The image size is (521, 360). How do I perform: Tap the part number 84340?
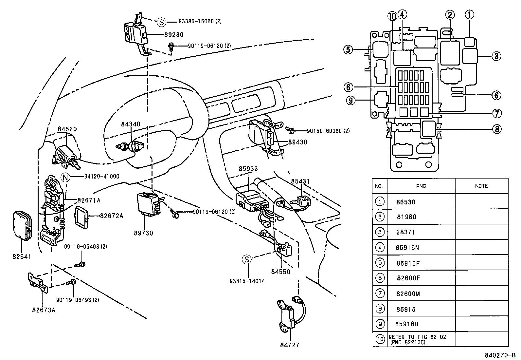131,124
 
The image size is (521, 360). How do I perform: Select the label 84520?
67,129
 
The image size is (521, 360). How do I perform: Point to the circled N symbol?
66,177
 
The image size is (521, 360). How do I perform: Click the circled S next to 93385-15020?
161,22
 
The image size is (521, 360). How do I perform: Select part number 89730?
143,233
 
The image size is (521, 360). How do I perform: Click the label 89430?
297,142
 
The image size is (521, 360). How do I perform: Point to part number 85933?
248,169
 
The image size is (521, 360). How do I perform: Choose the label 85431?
300,181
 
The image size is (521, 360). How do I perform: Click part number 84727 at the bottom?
290,345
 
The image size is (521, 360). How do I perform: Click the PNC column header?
421,186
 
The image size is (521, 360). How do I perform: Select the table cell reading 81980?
406,217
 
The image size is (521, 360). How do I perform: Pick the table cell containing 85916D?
407,324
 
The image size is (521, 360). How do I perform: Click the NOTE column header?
481,186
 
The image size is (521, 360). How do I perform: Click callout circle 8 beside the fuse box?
496,129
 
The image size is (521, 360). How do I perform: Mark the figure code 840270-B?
500,355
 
